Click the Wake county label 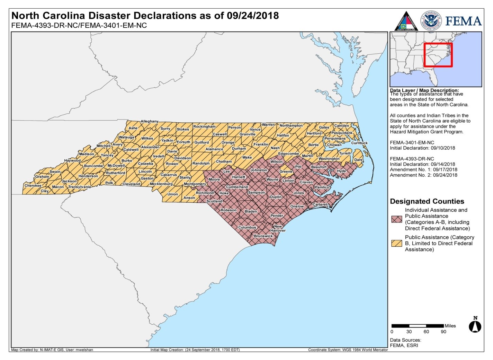click(247, 157)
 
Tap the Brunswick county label click(263, 236)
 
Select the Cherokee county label click(33, 186)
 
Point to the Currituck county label click(359, 143)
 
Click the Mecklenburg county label click(161, 184)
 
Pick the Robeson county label click(228, 210)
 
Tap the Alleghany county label click(149, 121)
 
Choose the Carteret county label click(320, 204)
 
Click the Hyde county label click(341, 171)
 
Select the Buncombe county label click(93, 166)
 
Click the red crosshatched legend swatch click(396, 219)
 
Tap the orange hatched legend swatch click(396, 243)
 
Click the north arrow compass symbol click(475, 325)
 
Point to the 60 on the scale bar click(426, 332)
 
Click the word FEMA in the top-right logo click(463, 21)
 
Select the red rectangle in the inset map click(438, 55)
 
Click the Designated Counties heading click(427, 201)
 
